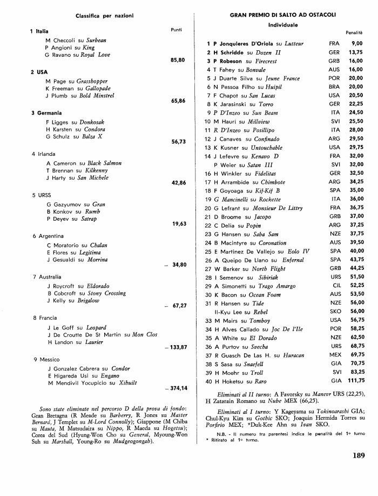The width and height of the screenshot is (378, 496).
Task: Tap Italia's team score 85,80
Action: (178, 59)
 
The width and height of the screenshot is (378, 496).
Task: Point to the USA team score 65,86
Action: (178, 101)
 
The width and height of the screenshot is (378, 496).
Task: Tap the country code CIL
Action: (334, 286)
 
